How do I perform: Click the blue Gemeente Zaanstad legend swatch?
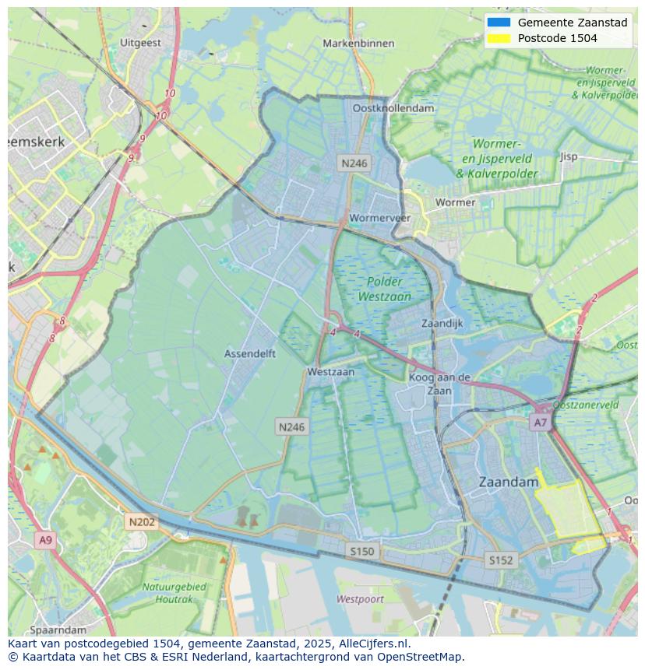click(x=498, y=23)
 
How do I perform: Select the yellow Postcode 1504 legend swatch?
click(x=498, y=38)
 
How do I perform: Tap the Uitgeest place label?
click(x=141, y=43)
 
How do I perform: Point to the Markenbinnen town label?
click(x=358, y=44)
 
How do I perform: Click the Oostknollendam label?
click(x=393, y=108)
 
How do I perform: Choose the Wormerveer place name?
click(x=380, y=218)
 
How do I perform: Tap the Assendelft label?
click(x=249, y=353)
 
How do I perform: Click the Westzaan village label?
click(x=330, y=372)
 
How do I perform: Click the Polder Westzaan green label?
click(x=384, y=289)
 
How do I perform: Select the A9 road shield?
click(x=45, y=540)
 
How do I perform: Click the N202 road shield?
click(x=142, y=522)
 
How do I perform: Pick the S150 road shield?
click(x=361, y=551)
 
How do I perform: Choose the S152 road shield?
click(x=500, y=560)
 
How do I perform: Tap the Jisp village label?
click(x=569, y=156)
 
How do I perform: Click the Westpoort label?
click(x=360, y=599)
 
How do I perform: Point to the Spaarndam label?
click(x=58, y=630)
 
